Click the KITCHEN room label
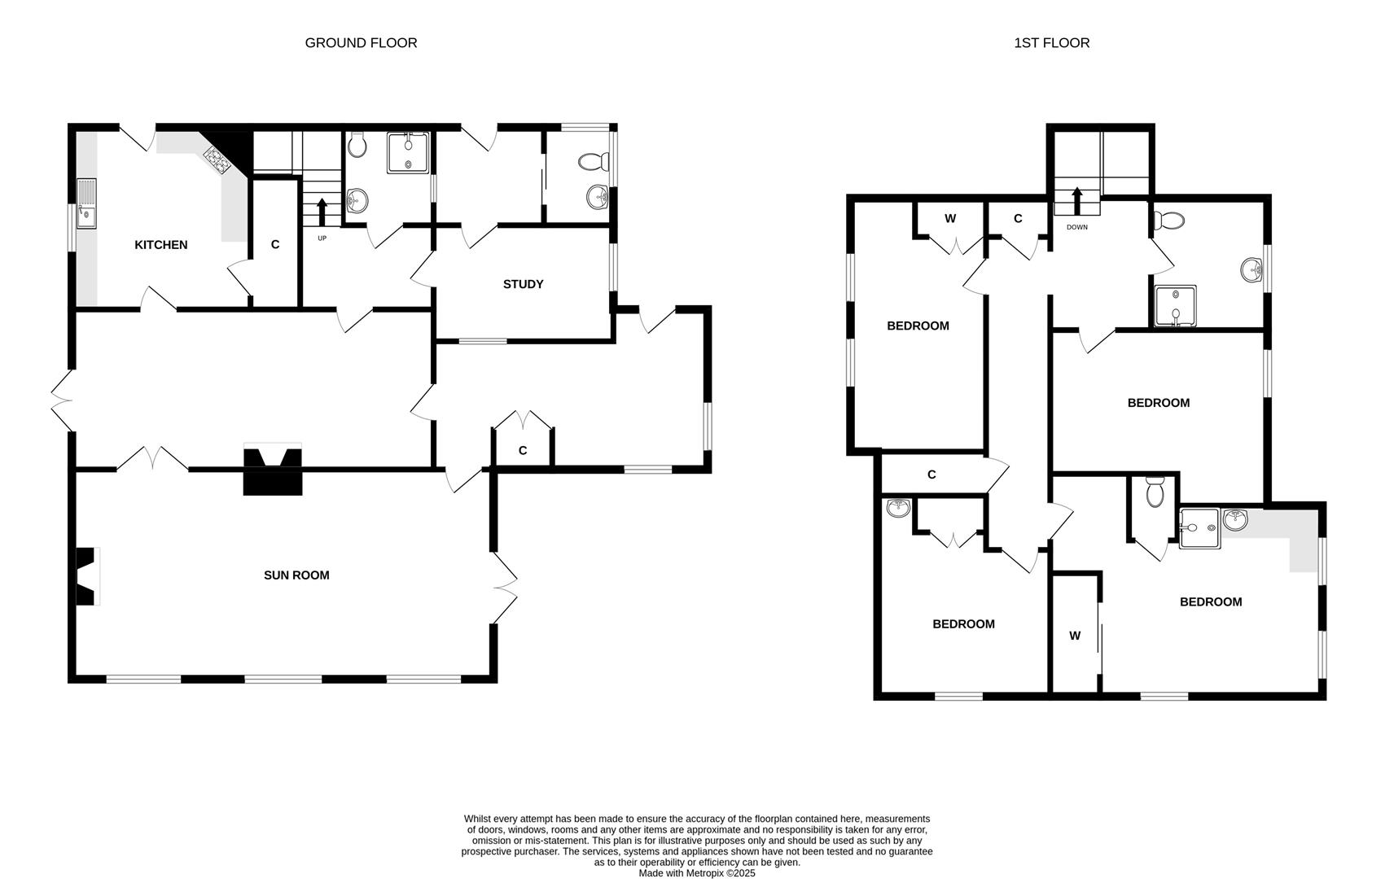click(160, 245)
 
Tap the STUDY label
click(523, 284)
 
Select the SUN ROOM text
click(296, 575)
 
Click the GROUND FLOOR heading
click(361, 43)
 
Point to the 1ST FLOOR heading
click(1051, 43)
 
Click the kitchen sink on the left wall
click(86, 203)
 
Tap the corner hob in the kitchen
click(217, 160)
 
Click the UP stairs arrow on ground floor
click(322, 212)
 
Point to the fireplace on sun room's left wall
click(86, 576)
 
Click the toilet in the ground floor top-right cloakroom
click(593, 162)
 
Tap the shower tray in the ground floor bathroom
click(408, 153)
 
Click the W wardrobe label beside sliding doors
click(1075, 636)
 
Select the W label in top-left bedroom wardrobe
click(949, 219)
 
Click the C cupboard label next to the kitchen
click(275, 245)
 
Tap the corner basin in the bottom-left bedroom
click(898, 509)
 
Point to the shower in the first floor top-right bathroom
click(1175, 305)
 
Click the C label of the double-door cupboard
click(523, 451)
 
